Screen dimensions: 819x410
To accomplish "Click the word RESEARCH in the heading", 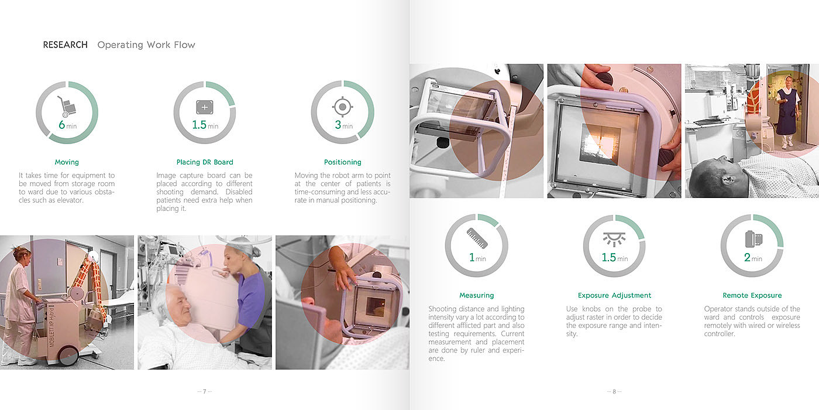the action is pos(65,45).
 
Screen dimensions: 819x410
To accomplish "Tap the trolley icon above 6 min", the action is pos(66,107).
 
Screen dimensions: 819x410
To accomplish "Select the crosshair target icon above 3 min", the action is pos(343,107).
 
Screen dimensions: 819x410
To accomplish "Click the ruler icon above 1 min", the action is pos(477,238).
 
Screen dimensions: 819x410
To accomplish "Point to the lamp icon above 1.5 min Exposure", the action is pos(614,239).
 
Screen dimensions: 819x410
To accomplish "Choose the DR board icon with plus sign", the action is pos(205,107).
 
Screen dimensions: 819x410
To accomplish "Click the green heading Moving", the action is pos(67,162).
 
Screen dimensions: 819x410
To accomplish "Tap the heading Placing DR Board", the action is pos(205,162).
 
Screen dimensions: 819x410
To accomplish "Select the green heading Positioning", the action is pos(343,162).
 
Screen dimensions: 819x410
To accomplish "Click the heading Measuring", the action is pos(476,295).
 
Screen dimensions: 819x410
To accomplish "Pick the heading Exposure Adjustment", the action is pos(614,295).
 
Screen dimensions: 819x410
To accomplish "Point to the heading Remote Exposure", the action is pos(752,295).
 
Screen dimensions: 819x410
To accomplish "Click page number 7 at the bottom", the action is pos(204,391).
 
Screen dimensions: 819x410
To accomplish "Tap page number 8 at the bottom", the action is pos(614,391).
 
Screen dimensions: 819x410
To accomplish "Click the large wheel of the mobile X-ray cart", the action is pos(68,355).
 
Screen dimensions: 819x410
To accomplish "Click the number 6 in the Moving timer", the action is pos(62,125).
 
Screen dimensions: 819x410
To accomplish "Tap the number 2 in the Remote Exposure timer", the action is pos(747,257).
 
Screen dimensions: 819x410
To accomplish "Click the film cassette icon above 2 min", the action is pos(753,239).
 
